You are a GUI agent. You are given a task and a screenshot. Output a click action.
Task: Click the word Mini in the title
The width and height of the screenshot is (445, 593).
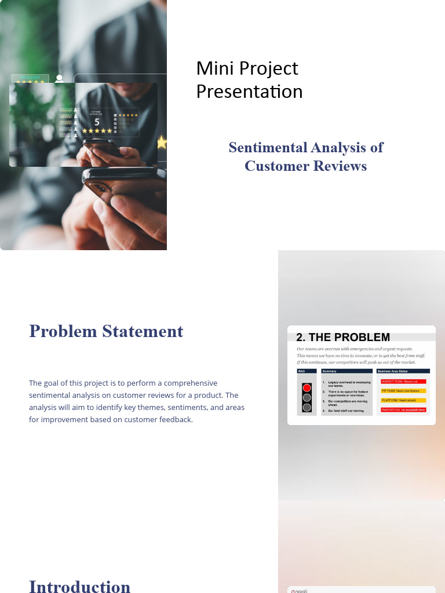(215, 68)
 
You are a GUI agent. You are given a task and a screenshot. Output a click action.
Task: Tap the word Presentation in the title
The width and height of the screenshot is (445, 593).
(249, 91)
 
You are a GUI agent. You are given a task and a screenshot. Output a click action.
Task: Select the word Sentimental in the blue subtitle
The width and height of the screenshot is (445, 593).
(267, 148)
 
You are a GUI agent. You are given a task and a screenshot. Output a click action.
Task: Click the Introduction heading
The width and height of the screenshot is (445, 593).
(80, 585)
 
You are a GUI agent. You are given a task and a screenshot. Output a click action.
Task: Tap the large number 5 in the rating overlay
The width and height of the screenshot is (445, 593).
(97, 122)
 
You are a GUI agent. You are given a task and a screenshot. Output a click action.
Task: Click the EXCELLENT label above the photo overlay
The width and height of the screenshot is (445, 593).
(30, 77)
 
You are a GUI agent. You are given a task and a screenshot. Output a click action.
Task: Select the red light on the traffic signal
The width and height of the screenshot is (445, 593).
(307, 387)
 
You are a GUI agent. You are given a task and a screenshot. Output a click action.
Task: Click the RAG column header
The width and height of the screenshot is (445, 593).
(302, 371)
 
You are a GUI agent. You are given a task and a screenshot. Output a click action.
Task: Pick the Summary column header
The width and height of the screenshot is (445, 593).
(330, 371)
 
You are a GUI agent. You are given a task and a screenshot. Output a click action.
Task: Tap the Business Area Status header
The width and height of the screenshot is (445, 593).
(393, 371)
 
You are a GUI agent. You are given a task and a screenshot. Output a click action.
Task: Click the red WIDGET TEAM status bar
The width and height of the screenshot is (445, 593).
(403, 382)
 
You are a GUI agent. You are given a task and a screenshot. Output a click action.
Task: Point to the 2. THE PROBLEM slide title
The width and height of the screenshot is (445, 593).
(343, 338)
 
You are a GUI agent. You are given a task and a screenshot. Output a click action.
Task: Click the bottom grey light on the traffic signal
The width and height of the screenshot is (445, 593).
(307, 407)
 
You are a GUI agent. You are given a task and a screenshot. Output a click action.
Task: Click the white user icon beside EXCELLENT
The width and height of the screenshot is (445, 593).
(59, 79)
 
